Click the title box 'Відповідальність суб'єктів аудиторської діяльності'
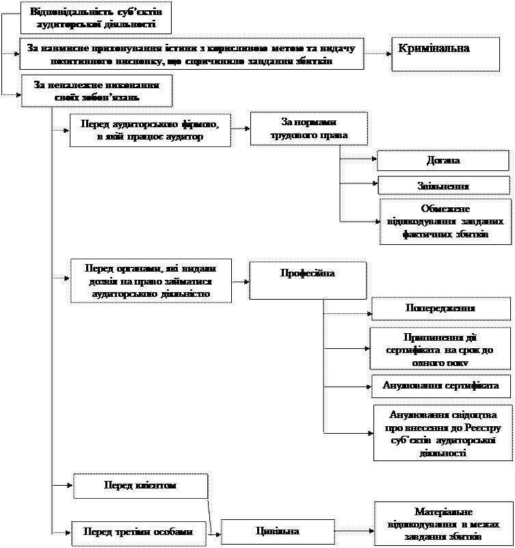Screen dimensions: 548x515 click(x=95, y=18)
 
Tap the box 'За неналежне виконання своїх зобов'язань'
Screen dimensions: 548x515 click(x=96, y=91)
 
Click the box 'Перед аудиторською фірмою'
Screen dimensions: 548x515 click(x=149, y=130)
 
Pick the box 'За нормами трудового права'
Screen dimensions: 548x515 click(x=309, y=129)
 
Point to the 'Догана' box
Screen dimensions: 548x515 click(x=443, y=161)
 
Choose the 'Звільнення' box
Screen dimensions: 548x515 click(x=443, y=185)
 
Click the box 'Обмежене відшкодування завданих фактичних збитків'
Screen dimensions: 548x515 click(x=445, y=222)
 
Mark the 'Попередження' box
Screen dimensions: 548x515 click(x=440, y=308)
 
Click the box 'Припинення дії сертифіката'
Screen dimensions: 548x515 click(x=440, y=348)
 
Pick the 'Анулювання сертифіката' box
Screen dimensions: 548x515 click(x=440, y=385)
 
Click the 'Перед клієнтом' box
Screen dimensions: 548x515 click(x=140, y=486)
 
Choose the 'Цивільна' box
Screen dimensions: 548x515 click(x=277, y=532)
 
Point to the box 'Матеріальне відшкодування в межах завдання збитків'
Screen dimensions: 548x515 click(x=443, y=524)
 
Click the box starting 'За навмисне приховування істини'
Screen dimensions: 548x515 click(x=191, y=55)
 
